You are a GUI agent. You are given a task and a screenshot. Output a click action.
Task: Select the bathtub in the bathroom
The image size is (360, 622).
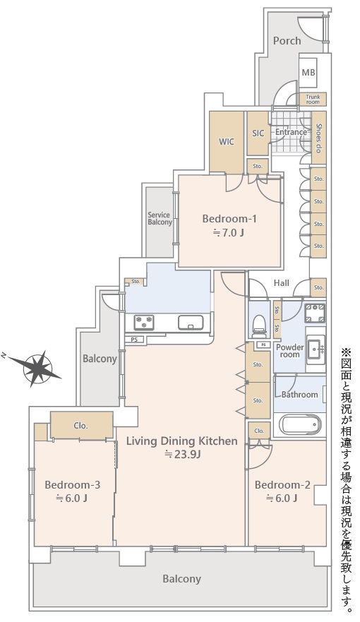tap(300, 424)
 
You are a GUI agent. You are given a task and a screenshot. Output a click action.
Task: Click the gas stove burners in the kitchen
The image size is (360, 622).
tap(143, 322)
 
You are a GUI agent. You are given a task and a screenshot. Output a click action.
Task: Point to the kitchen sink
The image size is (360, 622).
tap(191, 322)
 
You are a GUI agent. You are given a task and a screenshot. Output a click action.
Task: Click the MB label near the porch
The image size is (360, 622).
tap(308, 73)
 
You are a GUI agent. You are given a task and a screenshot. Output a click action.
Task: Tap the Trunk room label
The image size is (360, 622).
tap(313, 99)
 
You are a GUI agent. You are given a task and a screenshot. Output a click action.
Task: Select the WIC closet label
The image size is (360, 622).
tap(227, 142)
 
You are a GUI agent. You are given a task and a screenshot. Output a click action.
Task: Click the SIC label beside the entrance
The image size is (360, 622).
tap(258, 133)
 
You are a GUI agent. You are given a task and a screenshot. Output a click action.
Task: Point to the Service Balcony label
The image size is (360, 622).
tap(160, 219)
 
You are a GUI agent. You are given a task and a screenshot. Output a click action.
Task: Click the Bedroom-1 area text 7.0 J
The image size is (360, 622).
tap(229, 232)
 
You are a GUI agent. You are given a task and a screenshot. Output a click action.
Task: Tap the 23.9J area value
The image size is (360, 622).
tap(182, 454)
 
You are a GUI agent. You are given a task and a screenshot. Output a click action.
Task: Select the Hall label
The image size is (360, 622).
tap(282, 283)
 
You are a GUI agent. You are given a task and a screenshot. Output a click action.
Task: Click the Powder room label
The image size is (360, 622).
tap(290, 351)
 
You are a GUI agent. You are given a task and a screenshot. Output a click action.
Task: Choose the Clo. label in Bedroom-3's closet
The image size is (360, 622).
tap(80, 426)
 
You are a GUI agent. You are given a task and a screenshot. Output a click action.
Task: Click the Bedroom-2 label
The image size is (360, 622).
tap(282, 485)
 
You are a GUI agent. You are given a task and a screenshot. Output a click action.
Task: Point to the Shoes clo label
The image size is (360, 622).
tap(318, 138)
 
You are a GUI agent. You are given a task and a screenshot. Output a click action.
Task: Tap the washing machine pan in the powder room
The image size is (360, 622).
tap(316, 313)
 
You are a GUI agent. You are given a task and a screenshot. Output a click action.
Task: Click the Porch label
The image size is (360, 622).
tap(287, 40)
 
